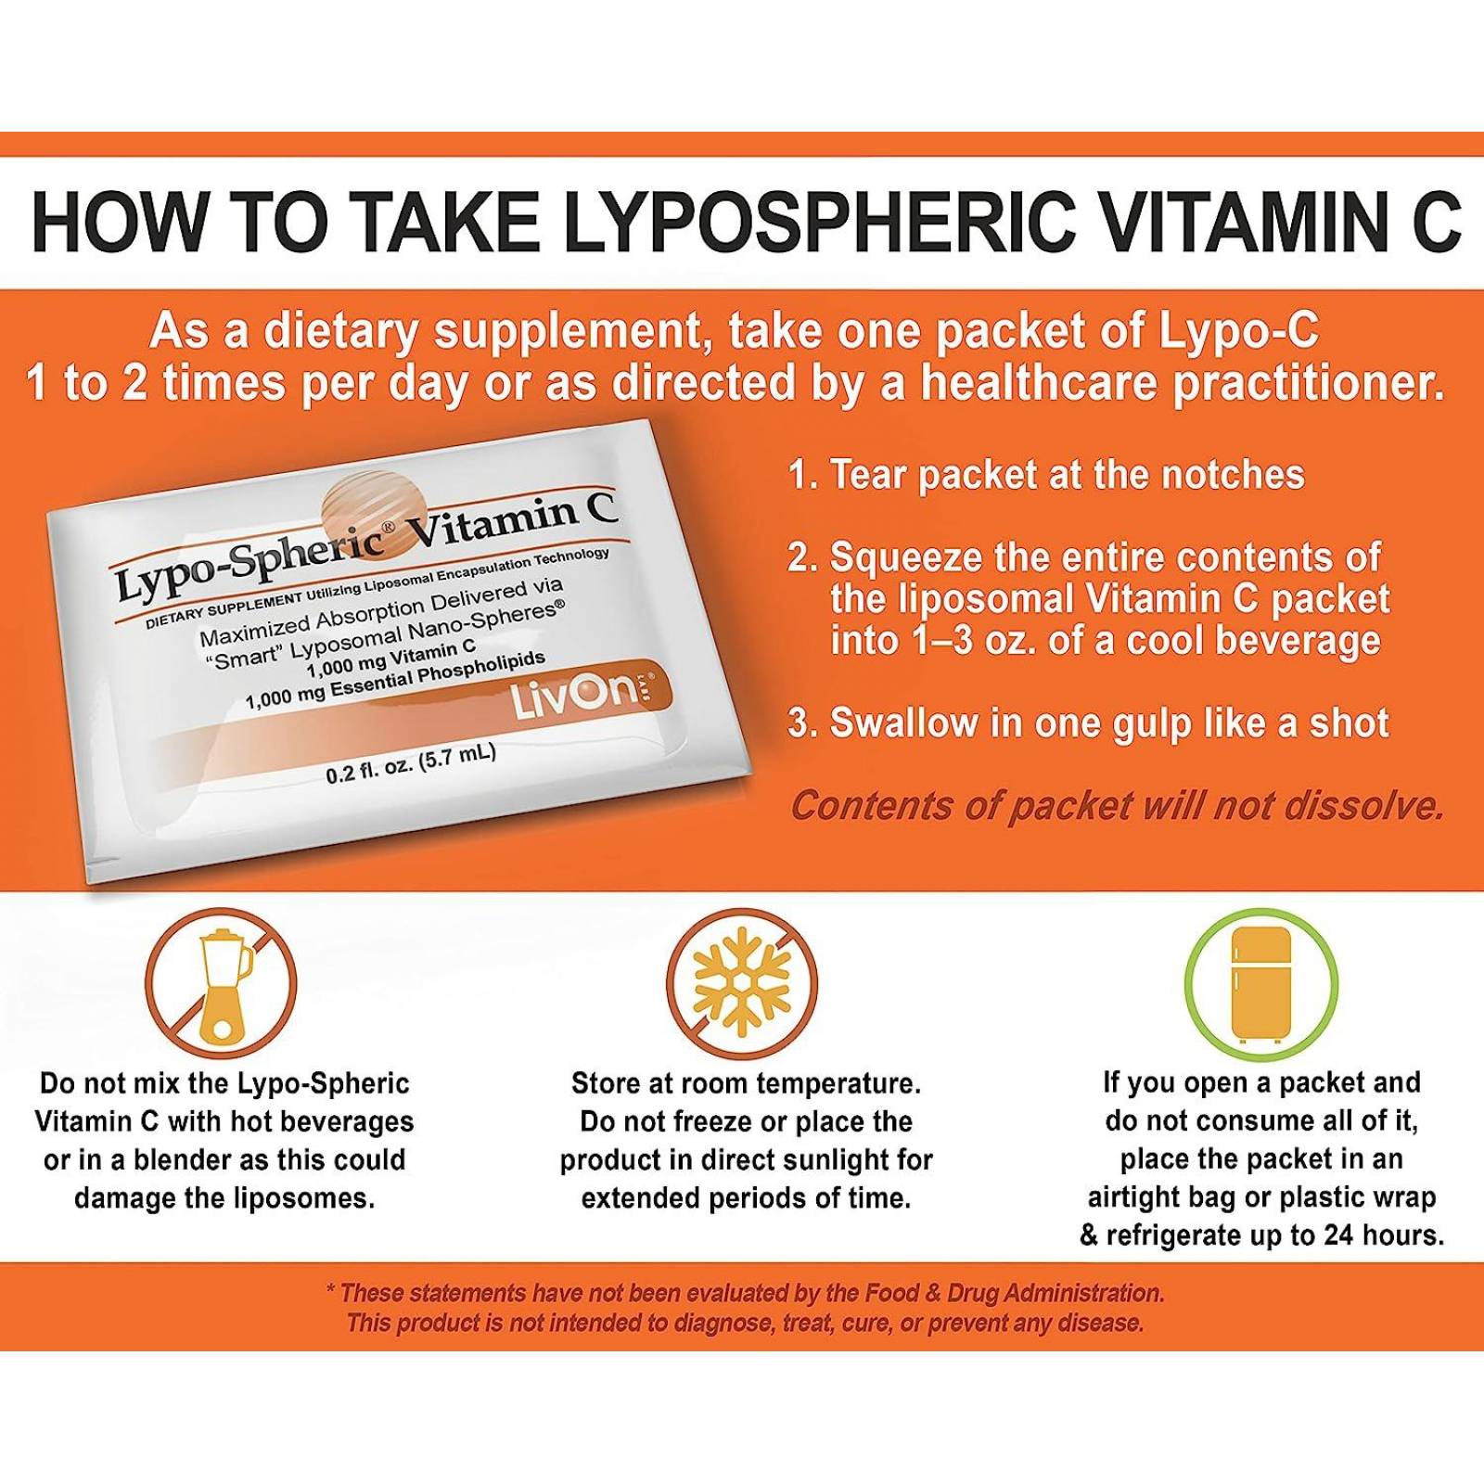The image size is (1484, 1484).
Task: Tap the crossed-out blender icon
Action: coord(221,983)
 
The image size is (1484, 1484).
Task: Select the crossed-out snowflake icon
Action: coord(741,983)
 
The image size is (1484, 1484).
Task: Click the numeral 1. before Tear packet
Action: coord(801,475)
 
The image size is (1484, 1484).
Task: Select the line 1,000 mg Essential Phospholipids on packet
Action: coord(395,680)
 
